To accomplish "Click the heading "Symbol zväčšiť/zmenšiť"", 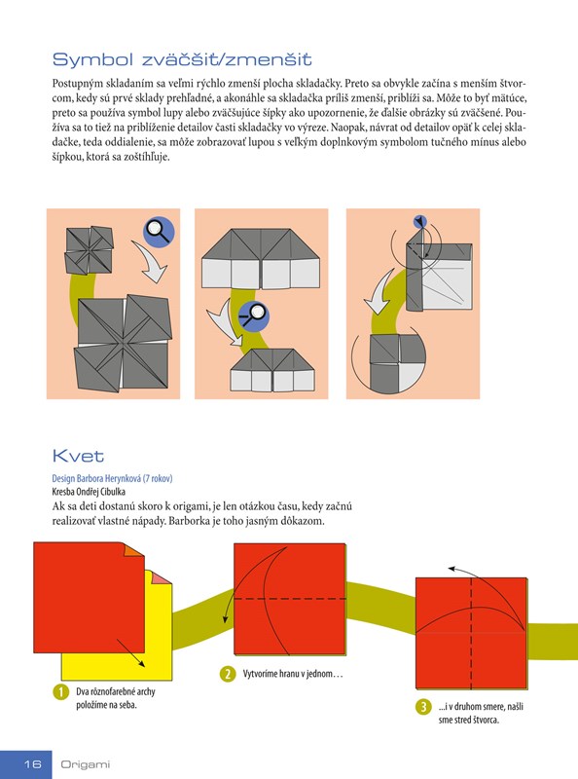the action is (x=182, y=59).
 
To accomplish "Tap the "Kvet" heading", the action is (x=78, y=456).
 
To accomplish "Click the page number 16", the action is (x=33, y=764).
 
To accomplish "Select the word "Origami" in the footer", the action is (x=85, y=764).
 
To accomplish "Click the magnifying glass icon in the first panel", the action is (x=159, y=232).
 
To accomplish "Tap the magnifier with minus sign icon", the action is (x=254, y=315).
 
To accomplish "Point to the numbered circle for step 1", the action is (x=60, y=692).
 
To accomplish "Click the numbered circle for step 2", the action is (x=228, y=674).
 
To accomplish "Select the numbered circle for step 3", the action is (x=423, y=707).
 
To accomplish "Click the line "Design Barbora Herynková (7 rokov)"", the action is (x=112, y=478).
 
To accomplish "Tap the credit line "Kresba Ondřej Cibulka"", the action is (x=89, y=492).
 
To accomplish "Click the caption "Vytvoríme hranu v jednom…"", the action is (x=293, y=674).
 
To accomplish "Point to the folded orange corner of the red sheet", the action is (x=132, y=550).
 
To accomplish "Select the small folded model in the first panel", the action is (x=90, y=250).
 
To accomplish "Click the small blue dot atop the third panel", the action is (x=420, y=222).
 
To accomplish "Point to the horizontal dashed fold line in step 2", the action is (x=290, y=599).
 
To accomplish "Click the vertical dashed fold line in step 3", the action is (x=471, y=633).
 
